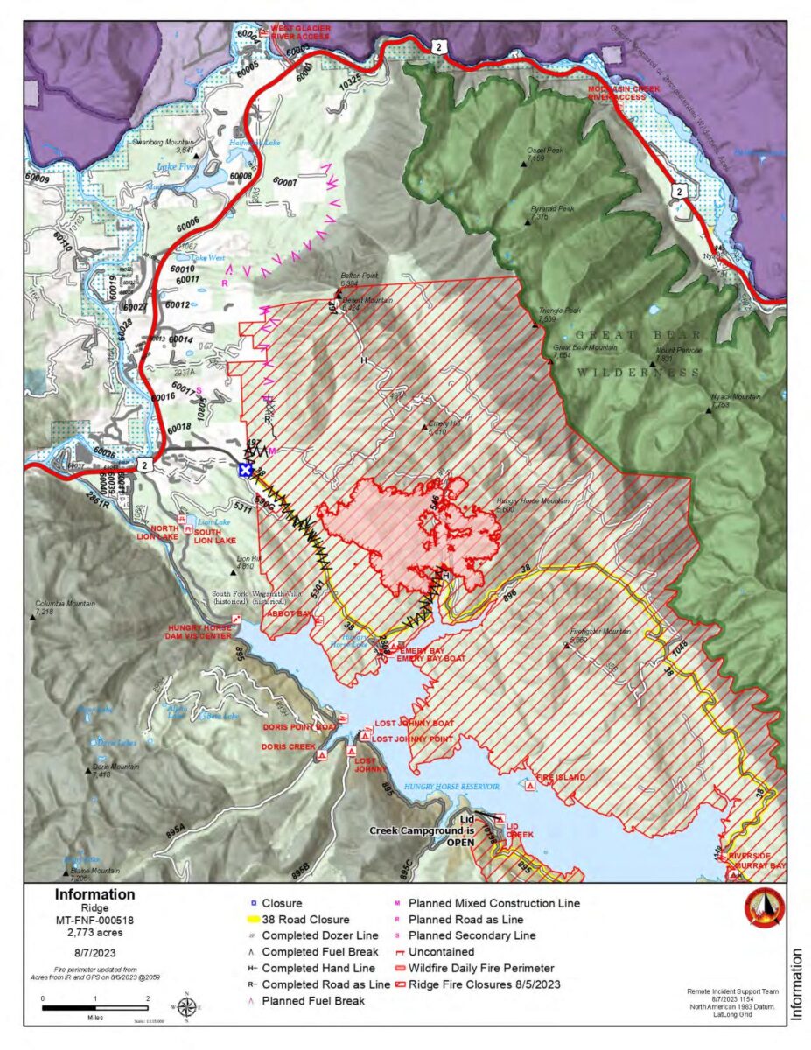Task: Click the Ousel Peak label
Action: [545, 150]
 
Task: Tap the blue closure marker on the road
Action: [247, 470]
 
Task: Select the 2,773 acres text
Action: [94, 933]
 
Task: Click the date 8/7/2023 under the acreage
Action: [94, 954]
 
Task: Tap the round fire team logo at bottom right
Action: [764, 908]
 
